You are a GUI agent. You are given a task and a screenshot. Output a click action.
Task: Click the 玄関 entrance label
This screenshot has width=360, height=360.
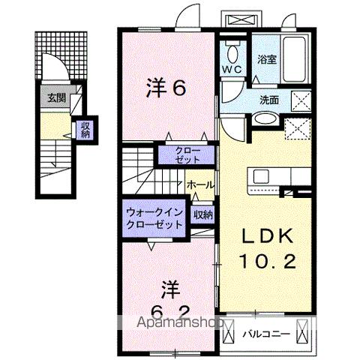coord(56,97)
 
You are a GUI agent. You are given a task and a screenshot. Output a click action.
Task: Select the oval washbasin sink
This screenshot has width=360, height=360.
coord(263,118)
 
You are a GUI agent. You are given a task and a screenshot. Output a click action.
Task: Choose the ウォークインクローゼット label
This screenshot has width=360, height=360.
coord(154,217)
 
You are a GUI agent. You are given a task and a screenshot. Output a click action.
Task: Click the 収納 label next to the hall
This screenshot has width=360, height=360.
coord(202,214)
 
